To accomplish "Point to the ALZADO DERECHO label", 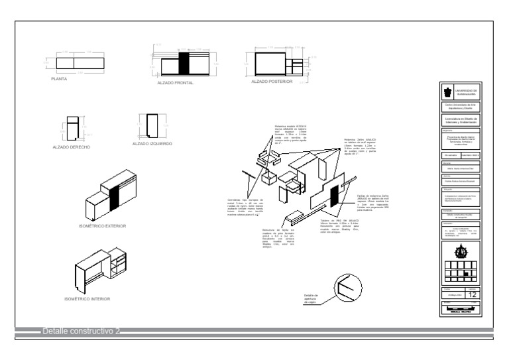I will click(72, 146).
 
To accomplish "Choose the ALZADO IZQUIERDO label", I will click(152, 143).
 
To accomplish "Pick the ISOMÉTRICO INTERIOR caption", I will click(87, 299).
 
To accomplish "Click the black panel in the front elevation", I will click(185, 64).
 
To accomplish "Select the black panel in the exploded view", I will click(333, 196).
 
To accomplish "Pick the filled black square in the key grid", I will click(466, 273).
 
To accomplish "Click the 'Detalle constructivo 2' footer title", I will click(80, 330).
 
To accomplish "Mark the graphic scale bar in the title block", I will click(459, 310).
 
